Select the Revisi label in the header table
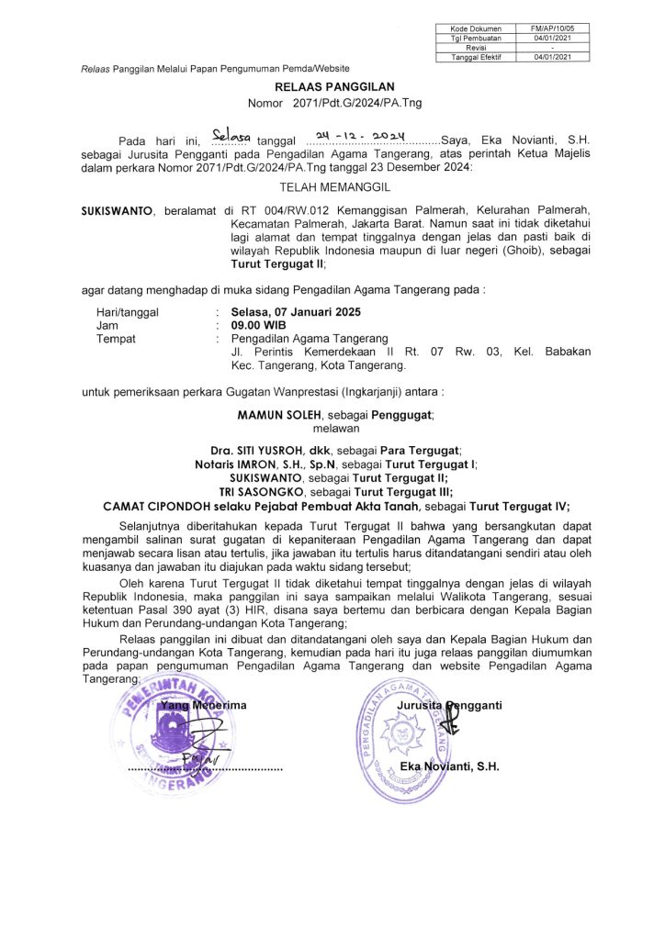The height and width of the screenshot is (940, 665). click(x=475, y=48)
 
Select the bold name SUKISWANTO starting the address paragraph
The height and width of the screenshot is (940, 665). click(x=117, y=211)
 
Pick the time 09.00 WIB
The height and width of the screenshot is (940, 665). click(x=258, y=325)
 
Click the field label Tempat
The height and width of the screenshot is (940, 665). click(x=116, y=338)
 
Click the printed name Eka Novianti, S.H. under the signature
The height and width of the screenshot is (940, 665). click(x=449, y=767)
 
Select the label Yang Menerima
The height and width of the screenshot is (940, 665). click(x=203, y=705)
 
